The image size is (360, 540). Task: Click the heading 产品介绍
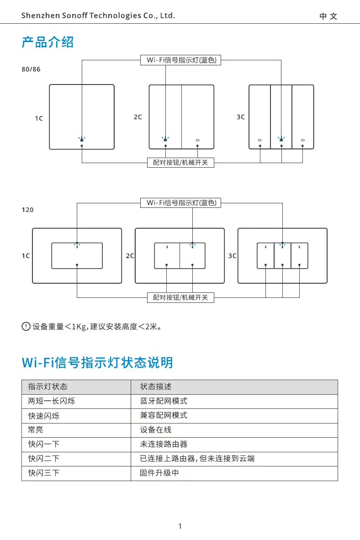[48, 42]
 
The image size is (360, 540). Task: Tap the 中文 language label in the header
[328, 16]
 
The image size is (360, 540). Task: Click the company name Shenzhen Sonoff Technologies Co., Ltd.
[98, 16]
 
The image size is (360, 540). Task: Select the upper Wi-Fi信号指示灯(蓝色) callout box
[180, 60]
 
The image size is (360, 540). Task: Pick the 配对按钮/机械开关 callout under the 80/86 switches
[180, 162]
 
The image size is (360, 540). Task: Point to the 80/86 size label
[31, 69]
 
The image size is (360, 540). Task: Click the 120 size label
[27, 210]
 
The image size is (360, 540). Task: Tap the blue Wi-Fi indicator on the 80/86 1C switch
[82, 139]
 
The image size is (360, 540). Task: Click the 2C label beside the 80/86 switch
[138, 117]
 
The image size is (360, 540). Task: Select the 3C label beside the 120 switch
[232, 256]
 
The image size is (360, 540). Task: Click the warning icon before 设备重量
[26, 327]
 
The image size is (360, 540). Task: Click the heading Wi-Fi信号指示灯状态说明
[97, 363]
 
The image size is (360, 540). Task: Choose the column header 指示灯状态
[48, 386]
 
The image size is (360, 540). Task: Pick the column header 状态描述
[156, 386]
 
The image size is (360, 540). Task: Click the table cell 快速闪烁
[43, 416]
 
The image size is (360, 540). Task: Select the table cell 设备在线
[155, 430]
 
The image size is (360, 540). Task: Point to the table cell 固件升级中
[159, 473]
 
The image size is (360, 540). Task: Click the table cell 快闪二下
[43, 458]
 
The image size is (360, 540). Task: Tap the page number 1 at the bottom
[180, 526]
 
